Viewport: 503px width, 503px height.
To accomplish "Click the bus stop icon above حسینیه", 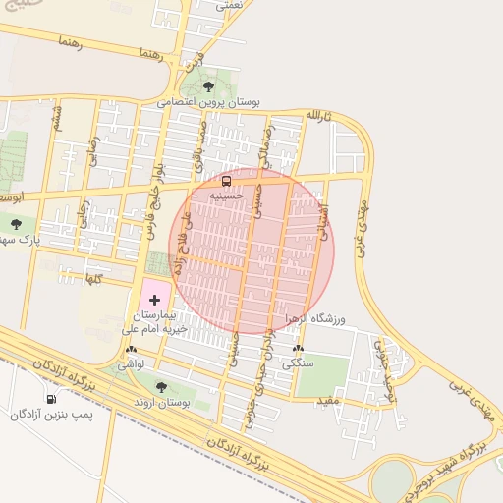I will [227, 181].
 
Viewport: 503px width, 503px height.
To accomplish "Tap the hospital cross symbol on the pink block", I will [153, 299].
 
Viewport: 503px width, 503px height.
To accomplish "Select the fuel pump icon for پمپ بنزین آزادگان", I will [51, 399].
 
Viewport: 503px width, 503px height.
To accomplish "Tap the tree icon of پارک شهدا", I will [16, 224].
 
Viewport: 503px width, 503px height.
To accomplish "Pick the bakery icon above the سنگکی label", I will [299, 349].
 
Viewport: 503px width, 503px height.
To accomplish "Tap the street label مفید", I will [327, 402].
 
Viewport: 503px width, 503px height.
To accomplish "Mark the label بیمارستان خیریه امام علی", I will [153, 324].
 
